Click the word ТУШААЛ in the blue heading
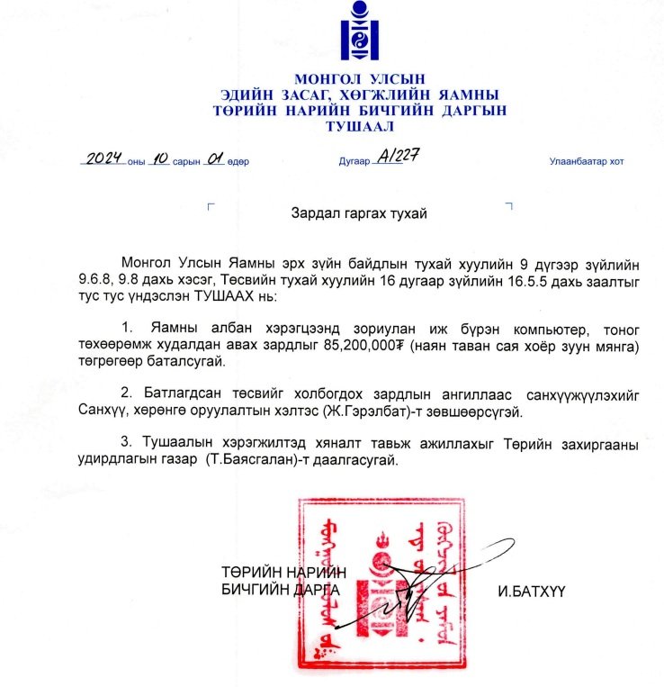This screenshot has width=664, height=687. coord(359,127)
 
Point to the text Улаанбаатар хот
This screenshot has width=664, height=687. coord(586,162)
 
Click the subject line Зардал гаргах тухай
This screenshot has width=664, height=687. coord(358,213)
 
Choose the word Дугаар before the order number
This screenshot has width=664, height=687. coord(354,163)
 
